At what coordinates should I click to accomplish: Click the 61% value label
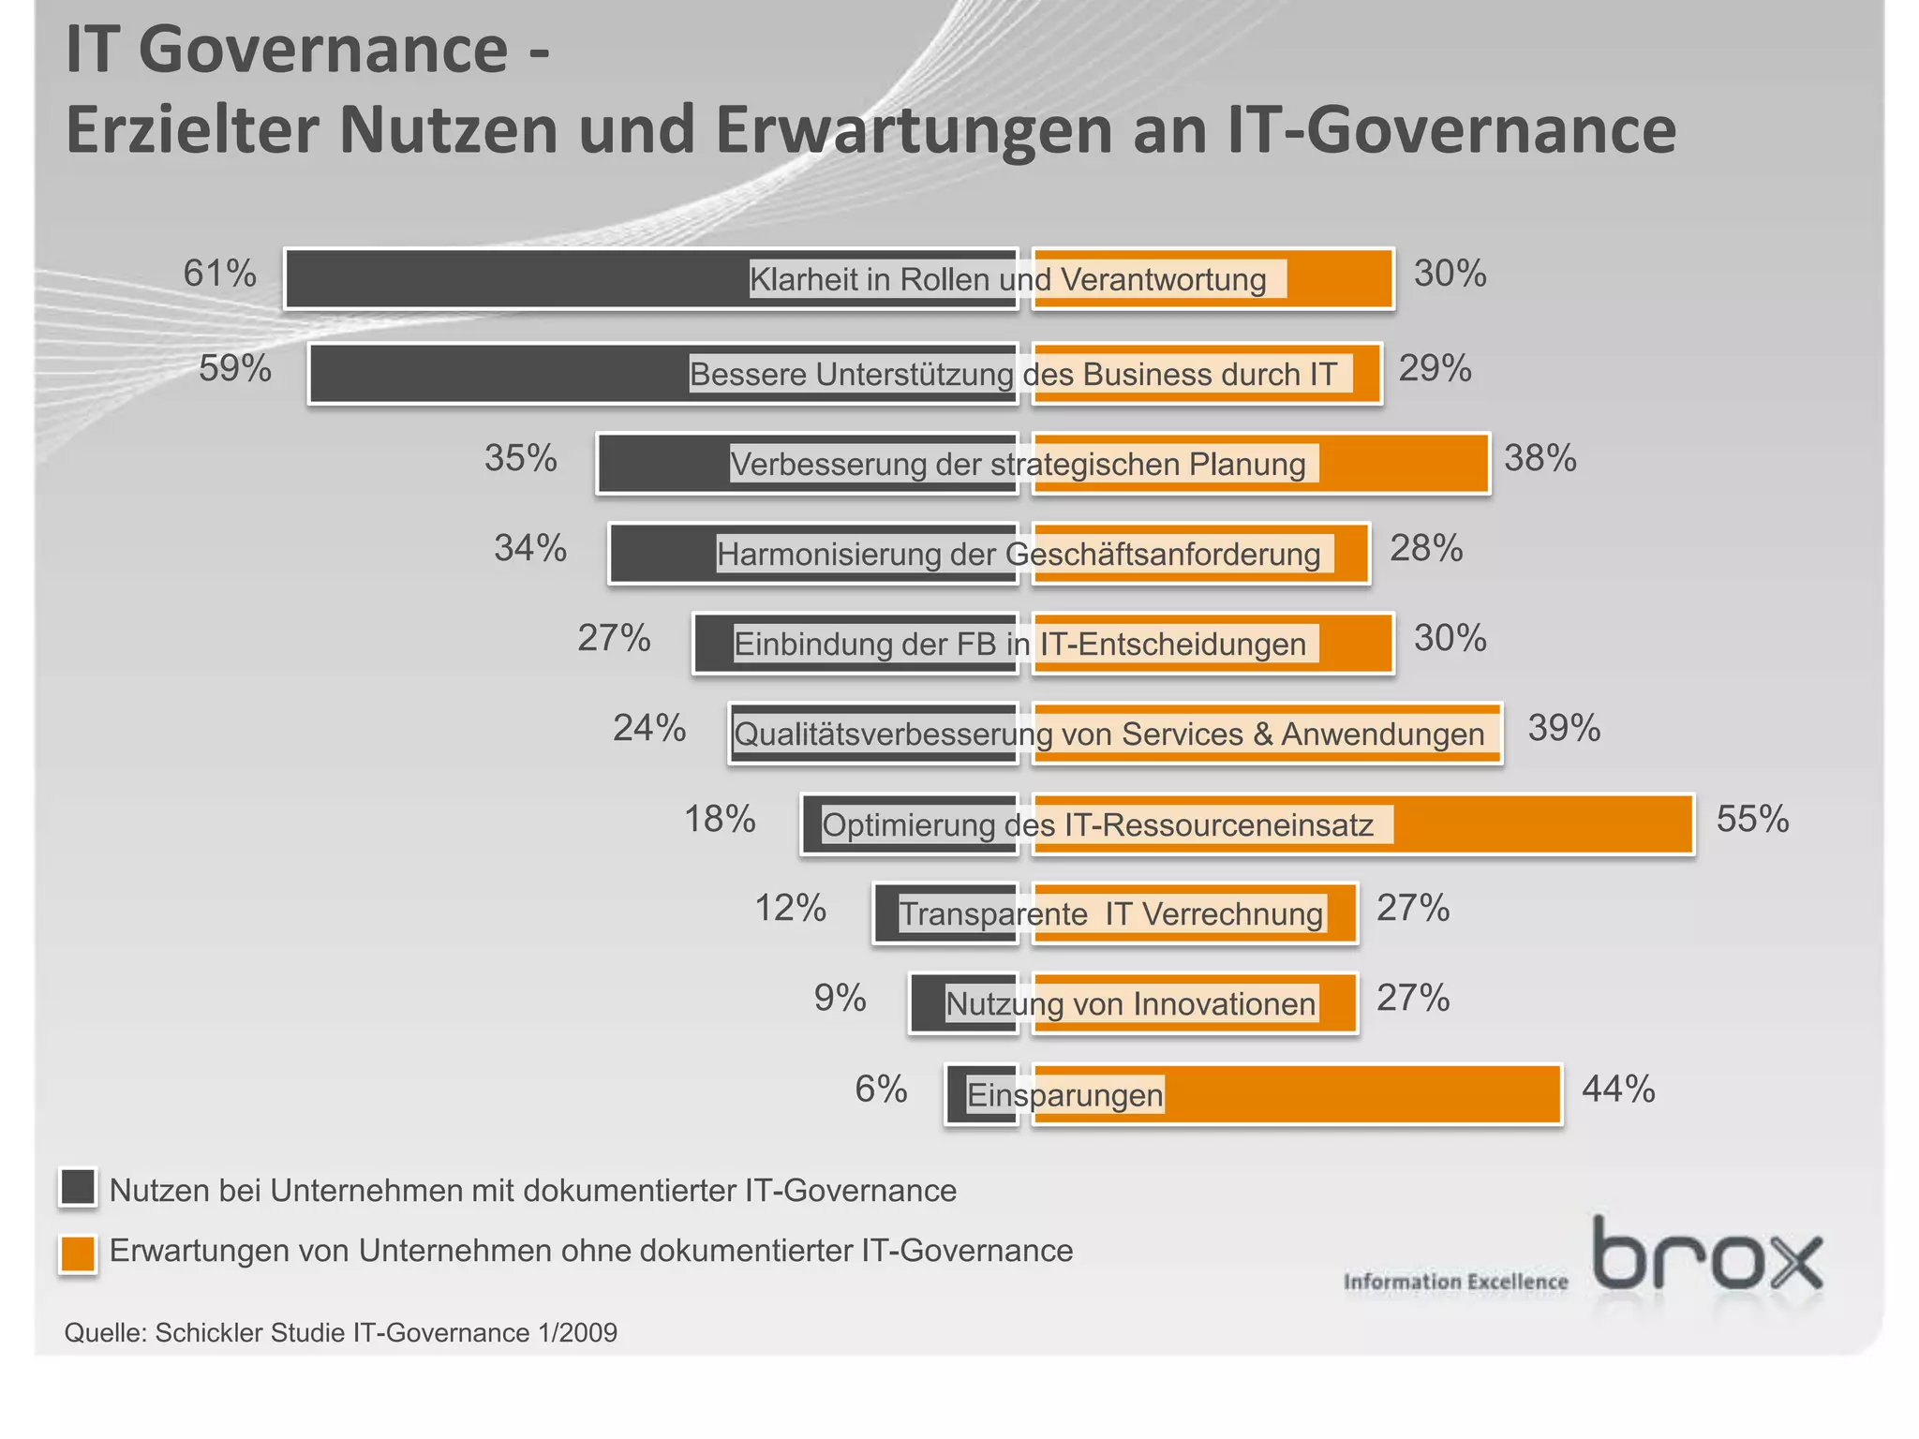pos(219,274)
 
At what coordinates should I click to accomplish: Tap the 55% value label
pos(1751,820)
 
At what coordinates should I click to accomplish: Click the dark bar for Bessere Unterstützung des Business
pos(497,374)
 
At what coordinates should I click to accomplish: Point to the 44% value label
pos(1618,1090)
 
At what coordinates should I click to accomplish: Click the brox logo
pos(1707,1255)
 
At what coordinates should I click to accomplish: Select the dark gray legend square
pos(78,1187)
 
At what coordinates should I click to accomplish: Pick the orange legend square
pos(78,1254)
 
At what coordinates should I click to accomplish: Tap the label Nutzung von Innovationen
pos(1130,1004)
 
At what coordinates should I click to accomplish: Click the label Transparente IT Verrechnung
pos(1111,913)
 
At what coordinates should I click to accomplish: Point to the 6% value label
pos(881,1090)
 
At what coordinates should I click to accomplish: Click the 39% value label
pos(1564,729)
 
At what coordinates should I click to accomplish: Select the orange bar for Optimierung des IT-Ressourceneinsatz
pos(1541,824)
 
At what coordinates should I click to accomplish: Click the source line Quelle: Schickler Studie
pos(340,1332)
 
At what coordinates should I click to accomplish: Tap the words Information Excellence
pos(1455,1282)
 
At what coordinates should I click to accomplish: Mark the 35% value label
pos(520,459)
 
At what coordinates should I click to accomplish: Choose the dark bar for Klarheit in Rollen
pos(515,278)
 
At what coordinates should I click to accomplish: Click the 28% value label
pos(1425,549)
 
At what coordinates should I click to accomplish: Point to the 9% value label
pos(840,999)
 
